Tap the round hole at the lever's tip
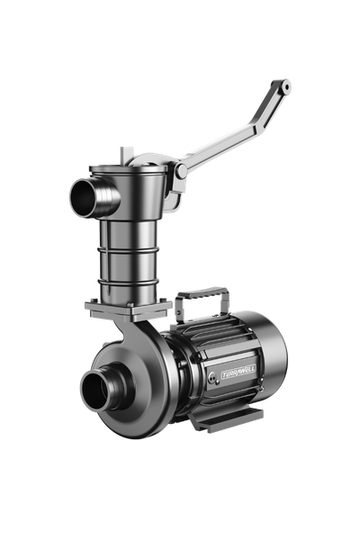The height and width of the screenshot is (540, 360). point(285,86)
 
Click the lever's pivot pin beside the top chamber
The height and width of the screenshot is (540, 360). point(182,171)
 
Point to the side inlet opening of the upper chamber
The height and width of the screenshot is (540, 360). point(84,198)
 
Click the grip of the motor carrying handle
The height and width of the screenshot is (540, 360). point(202,293)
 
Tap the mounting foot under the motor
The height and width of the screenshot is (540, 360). point(228,418)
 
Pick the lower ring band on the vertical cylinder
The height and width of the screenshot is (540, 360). point(128,283)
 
